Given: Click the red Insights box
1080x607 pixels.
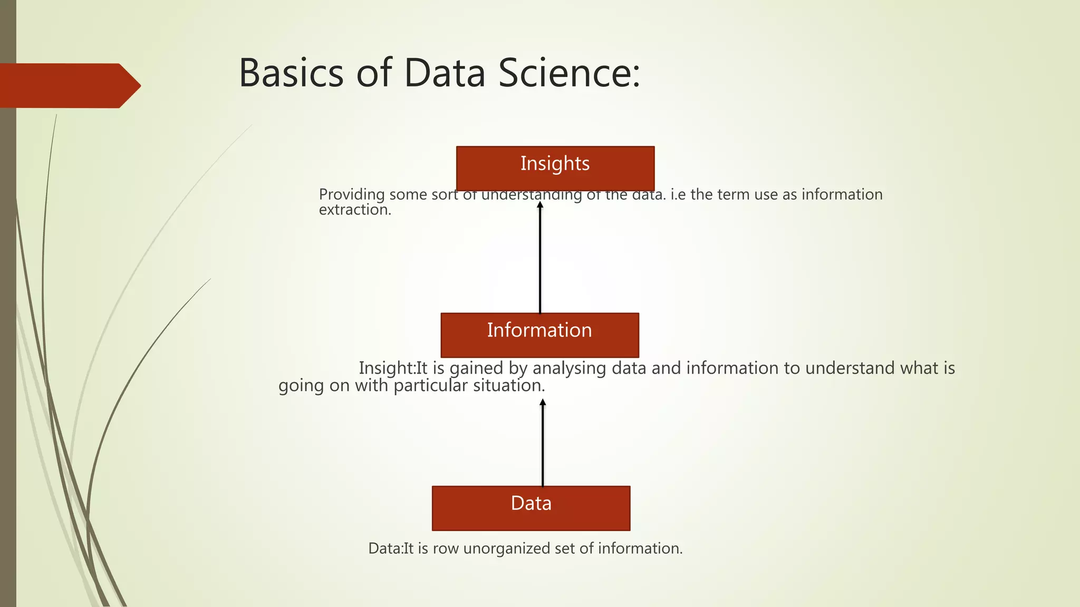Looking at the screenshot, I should pyautogui.click(x=555, y=168).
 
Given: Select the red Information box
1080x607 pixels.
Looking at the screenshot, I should pyautogui.click(x=539, y=335).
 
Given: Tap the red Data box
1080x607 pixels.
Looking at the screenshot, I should pyautogui.click(x=531, y=508).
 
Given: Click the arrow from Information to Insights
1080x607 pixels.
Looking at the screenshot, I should pyautogui.click(x=539, y=258).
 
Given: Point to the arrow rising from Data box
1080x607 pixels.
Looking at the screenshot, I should pyautogui.click(x=542, y=443).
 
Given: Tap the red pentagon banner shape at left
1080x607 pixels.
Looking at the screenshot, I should pyautogui.click(x=69, y=86).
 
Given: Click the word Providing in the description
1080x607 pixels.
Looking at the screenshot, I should pyautogui.click(x=352, y=194).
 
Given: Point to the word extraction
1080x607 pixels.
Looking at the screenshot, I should pyautogui.click(x=355, y=210).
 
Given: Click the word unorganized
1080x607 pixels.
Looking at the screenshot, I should pyautogui.click(x=507, y=549).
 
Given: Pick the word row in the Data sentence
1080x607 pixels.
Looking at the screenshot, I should pyautogui.click(x=446, y=549).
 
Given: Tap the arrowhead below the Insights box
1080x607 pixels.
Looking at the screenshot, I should pyautogui.click(x=539, y=205).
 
